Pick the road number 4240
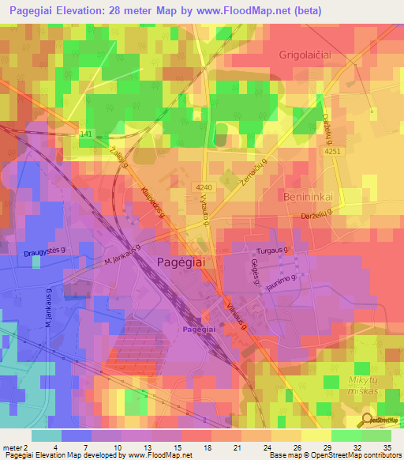[204, 187]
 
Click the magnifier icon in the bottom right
[368, 420]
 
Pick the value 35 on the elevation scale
[388, 447]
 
